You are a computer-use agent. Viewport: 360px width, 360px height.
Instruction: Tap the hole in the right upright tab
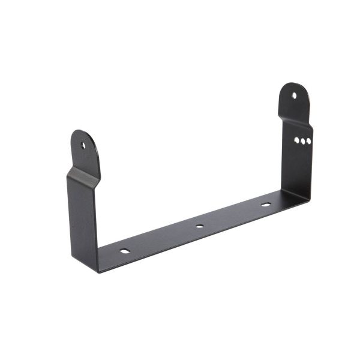(x=294, y=95)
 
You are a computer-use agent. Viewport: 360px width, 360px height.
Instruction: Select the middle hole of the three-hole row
(x=302, y=141)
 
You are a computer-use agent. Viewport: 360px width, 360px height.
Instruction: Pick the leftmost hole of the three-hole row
(x=296, y=141)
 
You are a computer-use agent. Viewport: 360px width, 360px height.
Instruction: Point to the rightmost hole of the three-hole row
(x=308, y=142)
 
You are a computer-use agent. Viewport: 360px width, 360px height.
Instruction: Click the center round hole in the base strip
(x=199, y=226)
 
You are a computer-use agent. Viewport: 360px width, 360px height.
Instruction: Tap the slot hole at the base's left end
(x=124, y=250)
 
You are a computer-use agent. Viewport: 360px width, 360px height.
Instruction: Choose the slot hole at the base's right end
(x=266, y=205)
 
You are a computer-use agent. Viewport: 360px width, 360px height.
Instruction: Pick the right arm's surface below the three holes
(x=298, y=168)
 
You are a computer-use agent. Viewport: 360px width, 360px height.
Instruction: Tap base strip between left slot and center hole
(x=162, y=238)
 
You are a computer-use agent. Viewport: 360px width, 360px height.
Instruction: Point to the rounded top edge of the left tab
(x=80, y=131)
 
